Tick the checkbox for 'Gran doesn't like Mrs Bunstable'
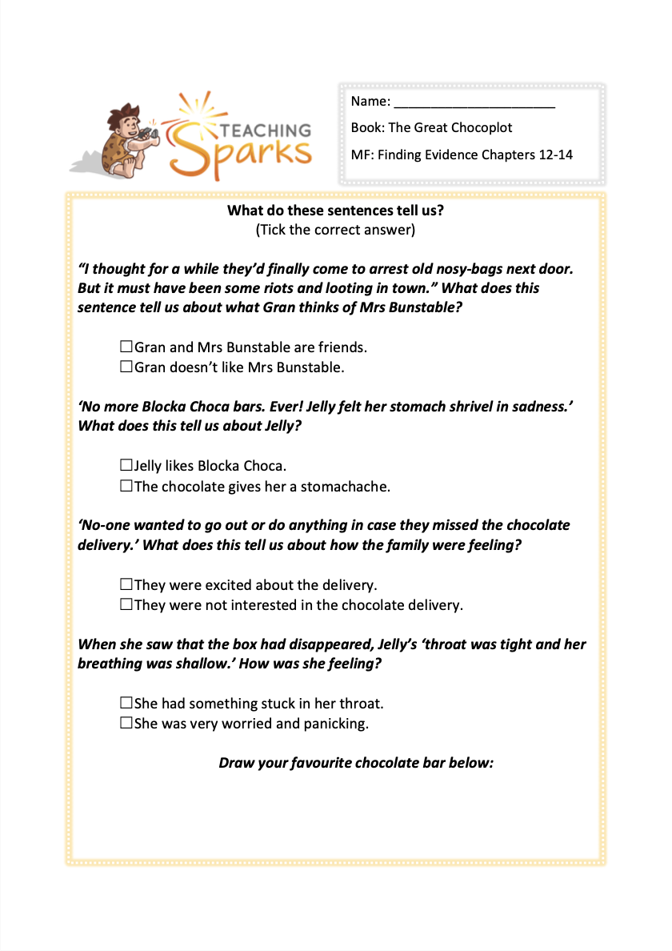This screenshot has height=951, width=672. point(126,367)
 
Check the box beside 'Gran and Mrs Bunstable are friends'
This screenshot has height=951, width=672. point(126,347)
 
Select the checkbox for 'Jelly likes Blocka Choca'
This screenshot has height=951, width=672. point(126,465)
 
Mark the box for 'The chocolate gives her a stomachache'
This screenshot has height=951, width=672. point(126,486)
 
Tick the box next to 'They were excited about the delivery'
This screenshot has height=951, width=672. point(126,584)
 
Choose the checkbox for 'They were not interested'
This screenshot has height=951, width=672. point(126,604)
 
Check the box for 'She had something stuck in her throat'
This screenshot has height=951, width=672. point(126,703)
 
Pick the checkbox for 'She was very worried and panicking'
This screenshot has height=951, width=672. point(126,724)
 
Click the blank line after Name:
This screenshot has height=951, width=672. point(474,102)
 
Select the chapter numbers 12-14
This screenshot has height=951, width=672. point(552,154)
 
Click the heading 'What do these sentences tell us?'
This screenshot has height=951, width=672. point(335,211)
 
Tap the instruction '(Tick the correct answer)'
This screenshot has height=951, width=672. point(335,231)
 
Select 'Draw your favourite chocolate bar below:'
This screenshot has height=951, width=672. point(356,762)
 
